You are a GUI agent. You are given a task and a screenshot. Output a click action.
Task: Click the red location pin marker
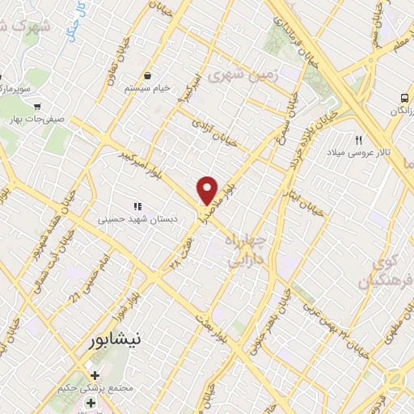[x=208, y=190]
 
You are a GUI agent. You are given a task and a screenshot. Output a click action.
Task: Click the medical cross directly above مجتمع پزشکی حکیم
[x=95, y=375]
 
